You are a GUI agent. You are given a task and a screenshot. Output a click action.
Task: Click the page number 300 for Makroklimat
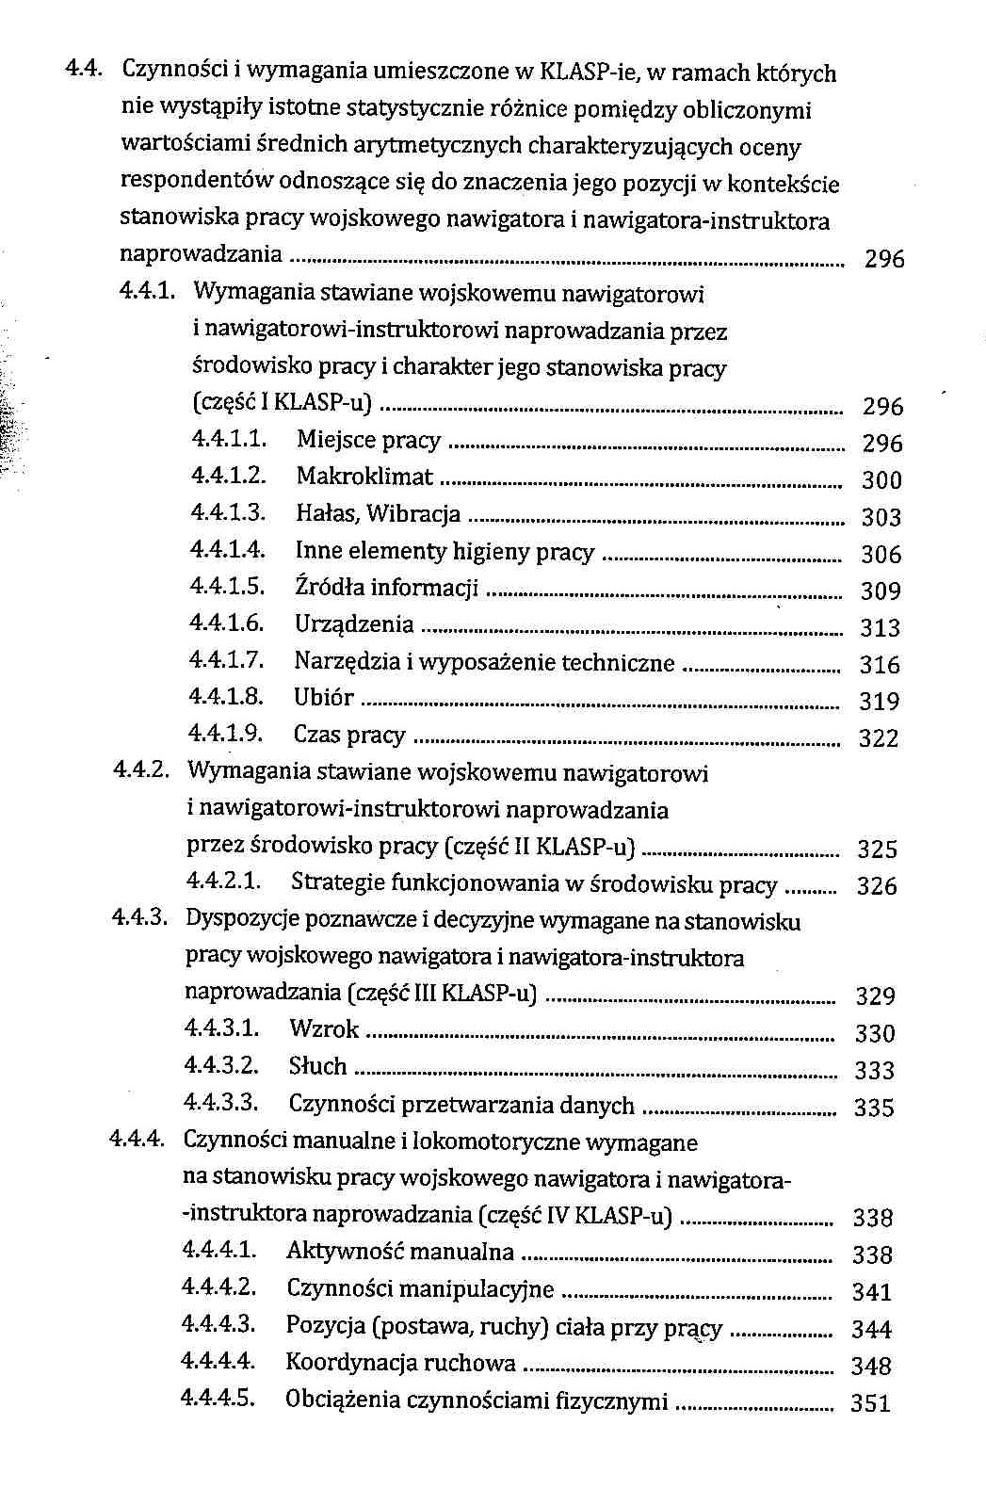click(x=881, y=480)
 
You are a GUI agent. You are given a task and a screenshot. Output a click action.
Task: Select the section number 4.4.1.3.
click(x=229, y=513)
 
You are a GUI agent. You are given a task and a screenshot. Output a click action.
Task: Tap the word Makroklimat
click(x=364, y=477)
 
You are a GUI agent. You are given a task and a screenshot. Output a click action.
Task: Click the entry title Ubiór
click(x=323, y=698)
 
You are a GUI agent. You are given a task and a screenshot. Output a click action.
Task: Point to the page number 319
click(x=879, y=702)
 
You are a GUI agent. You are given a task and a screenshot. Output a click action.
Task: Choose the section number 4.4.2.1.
click(x=223, y=882)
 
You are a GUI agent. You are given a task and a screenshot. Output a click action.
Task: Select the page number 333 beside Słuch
click(x=873, y=1071)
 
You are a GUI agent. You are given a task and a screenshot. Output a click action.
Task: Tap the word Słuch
click(x=317, y=1066)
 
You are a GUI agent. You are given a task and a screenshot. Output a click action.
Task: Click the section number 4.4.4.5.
click(x=218, y=1398)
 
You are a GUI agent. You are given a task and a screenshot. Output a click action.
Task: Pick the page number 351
click(x=869, y=1403)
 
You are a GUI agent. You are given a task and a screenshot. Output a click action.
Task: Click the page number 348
click(x=870, y=1366)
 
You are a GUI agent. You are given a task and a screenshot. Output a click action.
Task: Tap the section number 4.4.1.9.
click(x=226, y=734)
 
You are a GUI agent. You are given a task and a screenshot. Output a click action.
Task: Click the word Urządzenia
click(x=354, y=624)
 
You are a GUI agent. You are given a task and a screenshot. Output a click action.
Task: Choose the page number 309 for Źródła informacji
click(x=881, y=591)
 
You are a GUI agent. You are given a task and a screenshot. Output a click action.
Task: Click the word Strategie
click(x=337, y=883)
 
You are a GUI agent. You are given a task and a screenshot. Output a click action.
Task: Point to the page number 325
click(x=877, y=850)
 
